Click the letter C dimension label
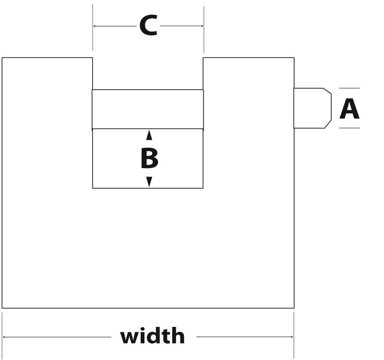pos(148,25)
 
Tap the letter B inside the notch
pos(149,158)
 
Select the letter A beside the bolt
pos(349,108)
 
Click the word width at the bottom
pos(152,336)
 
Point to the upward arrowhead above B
pos(149,135)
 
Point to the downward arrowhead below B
pos(149,182)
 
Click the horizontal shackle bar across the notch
pos(148,109)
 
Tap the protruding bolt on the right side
pos(312,108)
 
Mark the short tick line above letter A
pos(349,88)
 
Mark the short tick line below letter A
pos(349,128)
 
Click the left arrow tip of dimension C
pos(94,26)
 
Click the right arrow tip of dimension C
pos(203,26)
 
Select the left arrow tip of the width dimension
pos(3,337)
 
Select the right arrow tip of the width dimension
pos(293,337)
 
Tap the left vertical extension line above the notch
pos(93,27)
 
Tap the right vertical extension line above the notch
pos(204,29)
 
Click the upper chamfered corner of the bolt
pos(327,91)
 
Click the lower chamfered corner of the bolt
pos(328,124)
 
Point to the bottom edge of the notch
pos(148,188)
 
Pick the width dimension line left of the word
pos(57,337)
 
